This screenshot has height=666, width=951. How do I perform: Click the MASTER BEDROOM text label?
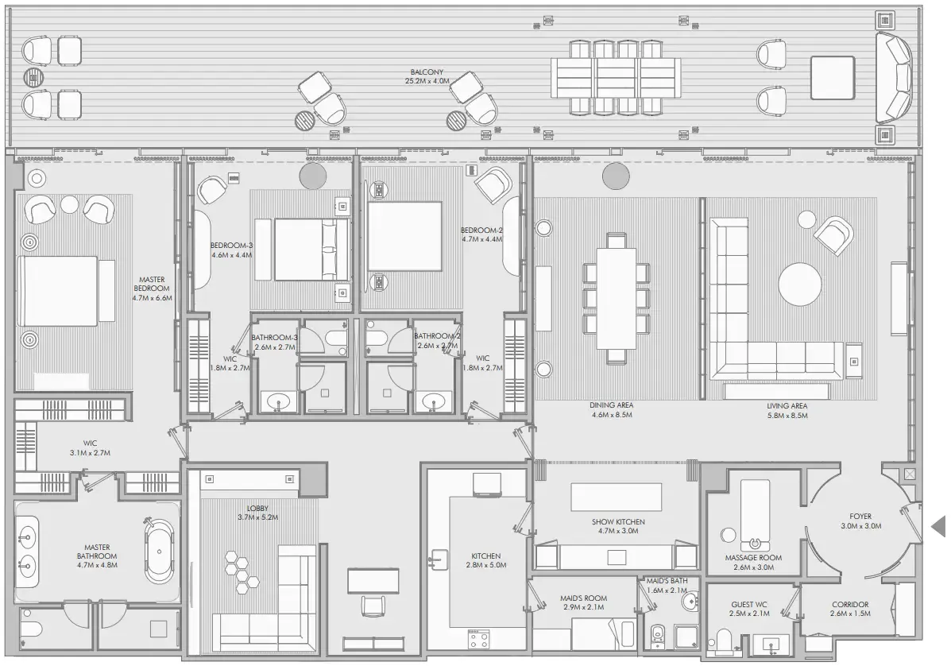tap(152, 280)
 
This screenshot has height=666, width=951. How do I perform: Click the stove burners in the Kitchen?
tap(478, 638)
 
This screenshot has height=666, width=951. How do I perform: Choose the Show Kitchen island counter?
tap(616, 498)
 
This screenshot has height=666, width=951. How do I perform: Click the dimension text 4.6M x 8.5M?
tap(611, 414)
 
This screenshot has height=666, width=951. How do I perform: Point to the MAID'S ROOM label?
tap(583, 598)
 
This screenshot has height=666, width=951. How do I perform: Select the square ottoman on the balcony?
tap(832, 77)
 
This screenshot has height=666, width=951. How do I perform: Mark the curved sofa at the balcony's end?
tap(894, 77)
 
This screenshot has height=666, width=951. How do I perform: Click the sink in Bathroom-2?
tap(433, 401)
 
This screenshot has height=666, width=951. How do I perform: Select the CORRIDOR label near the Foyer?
tap(849, 604)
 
